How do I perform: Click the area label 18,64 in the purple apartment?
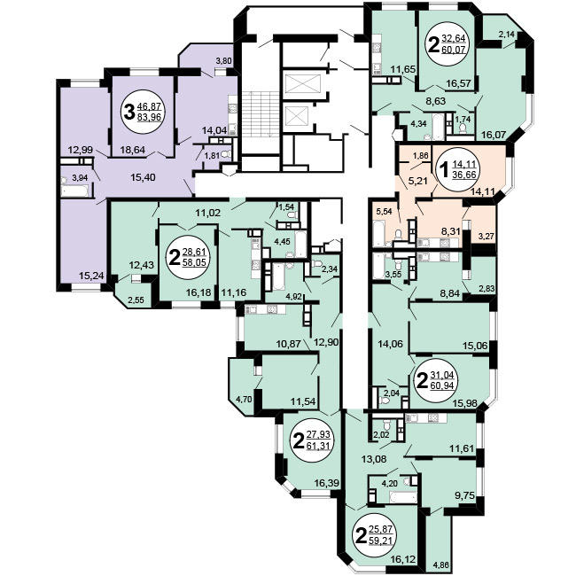[x=133, y=150]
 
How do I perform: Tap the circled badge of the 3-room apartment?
[x=143, y=112]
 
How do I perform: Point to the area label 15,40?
[x=144, y=177]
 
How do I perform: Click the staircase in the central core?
[x=261, y=114]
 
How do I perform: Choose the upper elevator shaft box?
[x=303, y=84]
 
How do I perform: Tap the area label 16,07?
[x=489, y=135]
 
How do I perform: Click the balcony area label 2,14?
[x=508, y=35]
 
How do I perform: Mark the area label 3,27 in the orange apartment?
[x=486, y=237]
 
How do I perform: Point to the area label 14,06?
[x=391, y=344]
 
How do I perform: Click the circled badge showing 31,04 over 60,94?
[x=435, y=380]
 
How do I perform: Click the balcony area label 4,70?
[x=244, y=399]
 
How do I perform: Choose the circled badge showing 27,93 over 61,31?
[x=312, y=440]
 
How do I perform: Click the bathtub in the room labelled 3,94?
[x=74, y=191]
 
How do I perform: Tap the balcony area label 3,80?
[x=223, y=61]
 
